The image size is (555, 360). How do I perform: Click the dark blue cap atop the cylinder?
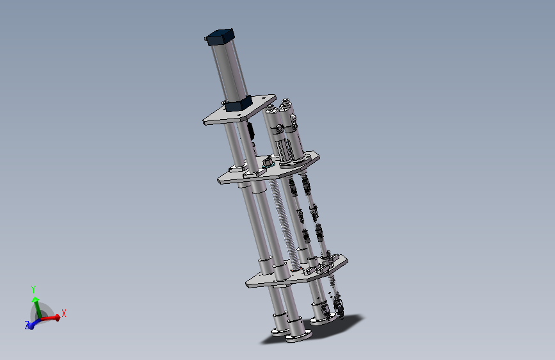pos(220,37)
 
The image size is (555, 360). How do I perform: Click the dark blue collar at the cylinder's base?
pos(239,104)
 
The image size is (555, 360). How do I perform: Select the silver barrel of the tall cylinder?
pos(229,71)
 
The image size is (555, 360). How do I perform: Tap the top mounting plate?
pos(239,110)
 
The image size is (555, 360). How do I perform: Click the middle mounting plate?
pos(269,168)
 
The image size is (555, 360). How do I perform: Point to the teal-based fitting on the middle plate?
pos(268,162)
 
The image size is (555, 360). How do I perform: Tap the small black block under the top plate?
pos(251,131)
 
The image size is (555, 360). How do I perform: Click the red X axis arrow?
pos(49,318)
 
